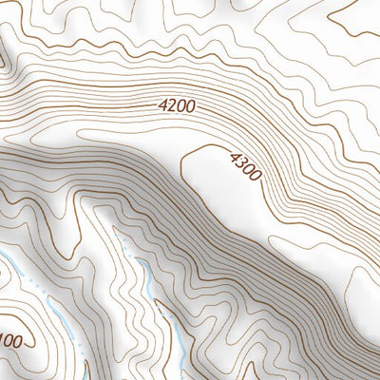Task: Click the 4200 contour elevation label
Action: (x=177, y=107)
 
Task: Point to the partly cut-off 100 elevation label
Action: (x=12, y=341)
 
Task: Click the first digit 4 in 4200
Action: (x=161, y=109)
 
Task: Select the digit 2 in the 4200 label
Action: (x=171, y=108)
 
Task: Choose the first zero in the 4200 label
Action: (x=181, y=107)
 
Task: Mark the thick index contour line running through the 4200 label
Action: (x=114, y=107)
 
